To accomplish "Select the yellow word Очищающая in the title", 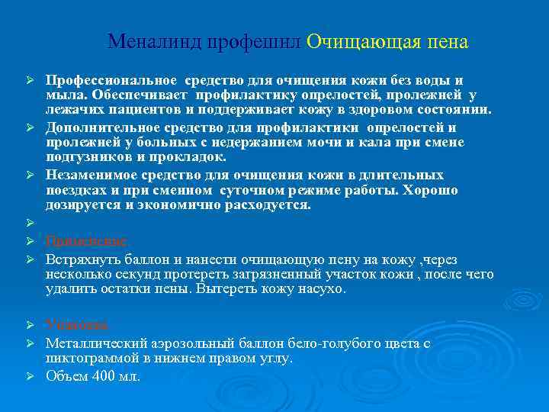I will point(352,41).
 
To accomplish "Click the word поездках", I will point(75,190).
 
